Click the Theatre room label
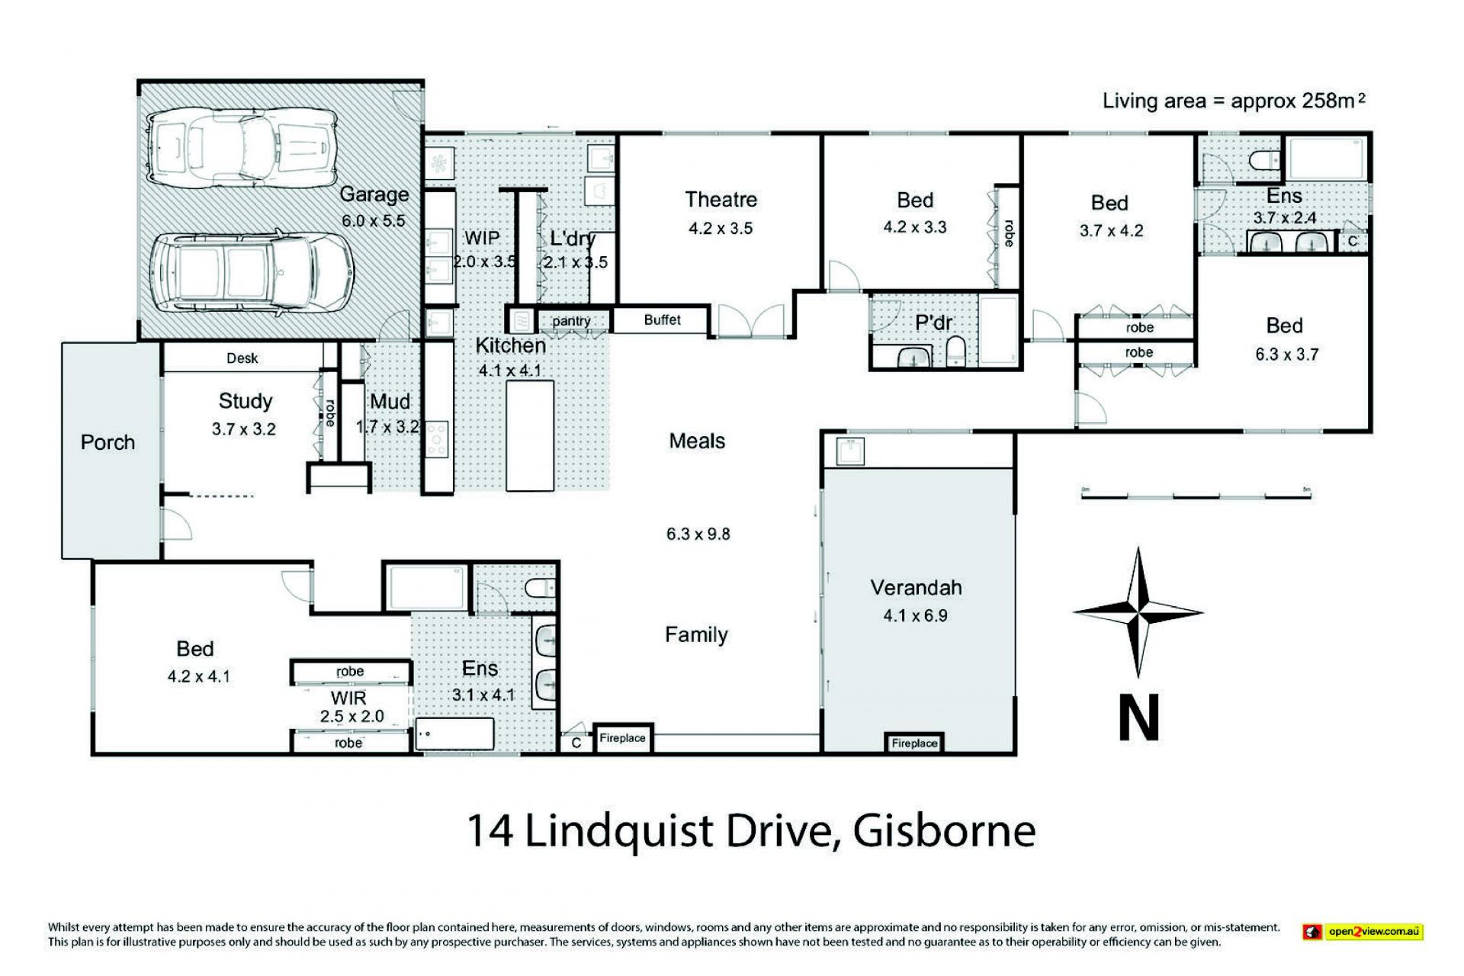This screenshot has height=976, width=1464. coord(721,200)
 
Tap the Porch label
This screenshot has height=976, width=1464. coord(108,442)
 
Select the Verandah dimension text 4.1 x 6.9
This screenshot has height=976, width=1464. coord(915,615)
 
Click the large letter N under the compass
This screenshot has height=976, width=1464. coord(1139,717)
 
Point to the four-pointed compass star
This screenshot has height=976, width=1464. coord(1138,612)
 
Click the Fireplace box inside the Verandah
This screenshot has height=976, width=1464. coord(914,743)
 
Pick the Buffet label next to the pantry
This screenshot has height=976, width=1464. coord(662,320)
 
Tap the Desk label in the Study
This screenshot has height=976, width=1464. coord(242,358)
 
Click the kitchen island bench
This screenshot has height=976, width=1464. coord(529,435)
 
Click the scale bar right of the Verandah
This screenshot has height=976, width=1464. coord(1196,496)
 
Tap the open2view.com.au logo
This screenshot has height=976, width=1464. coord(1362,931)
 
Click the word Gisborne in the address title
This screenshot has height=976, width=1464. coord(945,831)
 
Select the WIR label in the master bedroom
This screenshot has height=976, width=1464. coord(348,698)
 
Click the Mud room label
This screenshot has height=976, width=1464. coord(390,402)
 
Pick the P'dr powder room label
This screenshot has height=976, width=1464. coord(933,323)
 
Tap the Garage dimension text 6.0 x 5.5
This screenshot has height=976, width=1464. coord(373,221)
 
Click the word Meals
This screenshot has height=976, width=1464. coord(697,441)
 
